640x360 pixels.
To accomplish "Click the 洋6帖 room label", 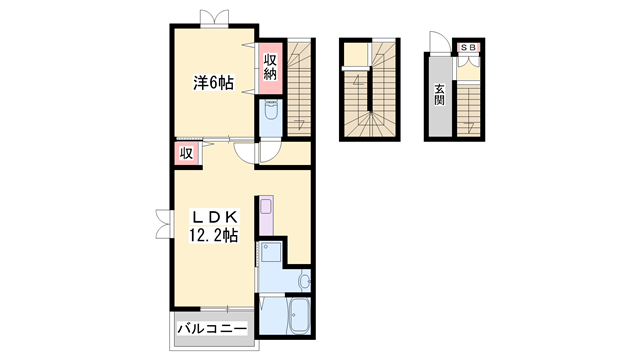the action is [213, 83].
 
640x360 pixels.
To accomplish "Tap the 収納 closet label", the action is [270, 67].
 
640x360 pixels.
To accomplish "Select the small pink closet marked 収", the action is [187, 153].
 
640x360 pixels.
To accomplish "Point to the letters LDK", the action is [214, 216].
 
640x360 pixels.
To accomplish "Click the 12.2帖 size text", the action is [213, 235].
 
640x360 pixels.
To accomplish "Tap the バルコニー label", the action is [212, 329].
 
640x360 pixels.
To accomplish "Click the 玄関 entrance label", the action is [439, 95].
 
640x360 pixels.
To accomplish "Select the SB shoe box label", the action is [469, 47].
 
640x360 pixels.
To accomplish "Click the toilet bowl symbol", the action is [270, 110].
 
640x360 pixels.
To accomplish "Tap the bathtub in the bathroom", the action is [298, 316].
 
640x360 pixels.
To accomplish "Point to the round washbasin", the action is [304, 281].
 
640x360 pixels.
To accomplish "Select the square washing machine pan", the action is [271, 252].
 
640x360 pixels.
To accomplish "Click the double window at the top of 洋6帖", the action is [214, 18].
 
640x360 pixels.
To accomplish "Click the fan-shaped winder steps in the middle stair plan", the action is [370, 123].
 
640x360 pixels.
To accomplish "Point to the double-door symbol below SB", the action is [468, 61].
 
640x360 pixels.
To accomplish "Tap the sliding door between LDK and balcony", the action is [227, 309].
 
